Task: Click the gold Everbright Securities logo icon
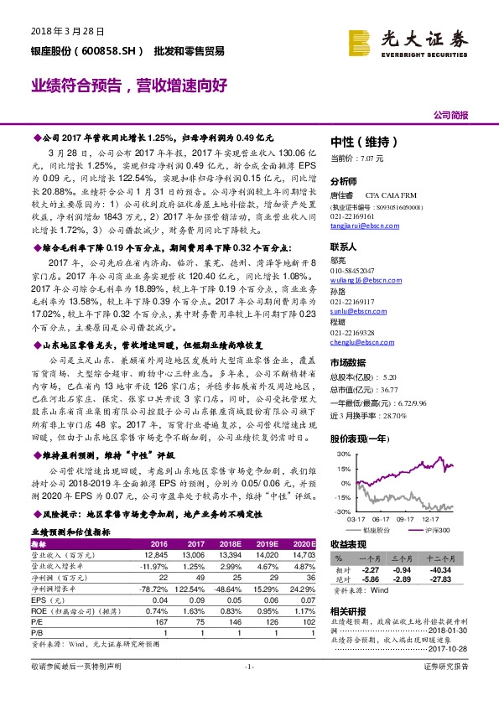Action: [361, 39]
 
